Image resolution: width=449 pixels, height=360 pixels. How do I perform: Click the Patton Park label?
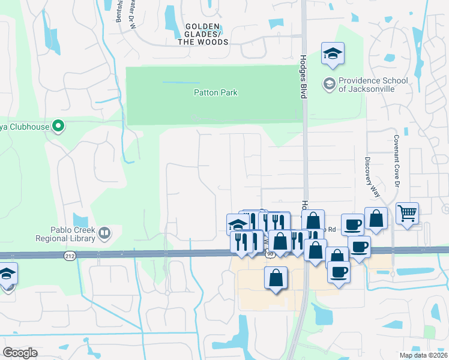215,92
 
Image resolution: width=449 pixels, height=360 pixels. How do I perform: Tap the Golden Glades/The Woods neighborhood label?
206,34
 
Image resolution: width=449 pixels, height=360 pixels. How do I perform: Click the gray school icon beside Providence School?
329,84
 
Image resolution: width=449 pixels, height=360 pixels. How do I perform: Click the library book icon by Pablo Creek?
104,232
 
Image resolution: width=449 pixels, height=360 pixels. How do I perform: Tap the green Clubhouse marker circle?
58,126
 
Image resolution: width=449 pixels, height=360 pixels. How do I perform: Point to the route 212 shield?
70,256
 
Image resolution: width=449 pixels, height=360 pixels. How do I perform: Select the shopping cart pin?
408,213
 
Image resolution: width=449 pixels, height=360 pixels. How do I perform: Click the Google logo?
20,353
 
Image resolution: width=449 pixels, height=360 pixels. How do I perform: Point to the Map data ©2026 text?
424,355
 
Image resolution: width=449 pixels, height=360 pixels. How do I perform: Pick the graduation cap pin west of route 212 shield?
7,274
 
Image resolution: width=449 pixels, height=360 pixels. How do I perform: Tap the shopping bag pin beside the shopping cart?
376,220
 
